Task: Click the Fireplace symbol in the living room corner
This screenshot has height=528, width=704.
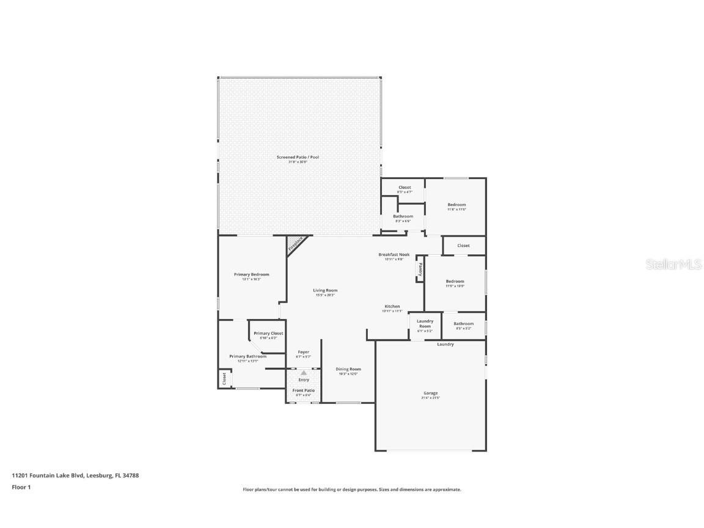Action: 296,244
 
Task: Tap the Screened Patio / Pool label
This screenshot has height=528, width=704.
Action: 298,157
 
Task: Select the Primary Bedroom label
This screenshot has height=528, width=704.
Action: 251,274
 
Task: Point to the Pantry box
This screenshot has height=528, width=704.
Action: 420,268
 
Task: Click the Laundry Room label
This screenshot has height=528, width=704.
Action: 425,323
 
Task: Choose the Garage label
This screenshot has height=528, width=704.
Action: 430,393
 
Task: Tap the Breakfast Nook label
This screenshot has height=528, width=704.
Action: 394,254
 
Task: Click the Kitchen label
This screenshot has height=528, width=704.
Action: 392,306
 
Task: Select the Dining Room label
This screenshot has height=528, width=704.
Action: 348,369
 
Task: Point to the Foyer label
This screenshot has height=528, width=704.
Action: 303,352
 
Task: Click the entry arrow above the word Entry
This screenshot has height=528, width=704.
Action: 304,372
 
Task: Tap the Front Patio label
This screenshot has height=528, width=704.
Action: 304,391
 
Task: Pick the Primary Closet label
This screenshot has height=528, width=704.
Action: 268,333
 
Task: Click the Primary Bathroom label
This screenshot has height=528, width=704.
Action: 248,356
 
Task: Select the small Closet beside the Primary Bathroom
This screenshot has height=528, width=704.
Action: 224,378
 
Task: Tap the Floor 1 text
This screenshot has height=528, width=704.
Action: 21,487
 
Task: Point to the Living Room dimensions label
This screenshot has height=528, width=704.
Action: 326,295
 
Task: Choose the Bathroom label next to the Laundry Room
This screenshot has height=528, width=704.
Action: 463,324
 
